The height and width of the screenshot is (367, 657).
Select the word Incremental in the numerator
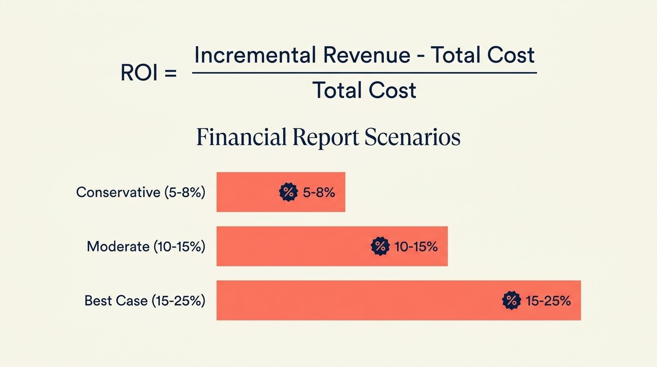(x=254, y=55)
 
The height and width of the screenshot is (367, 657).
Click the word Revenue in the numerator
(x=367, y=55)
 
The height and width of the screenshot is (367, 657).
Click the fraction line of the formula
(x=364, y=73)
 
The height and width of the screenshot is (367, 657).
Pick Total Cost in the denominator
(x=364, y=90)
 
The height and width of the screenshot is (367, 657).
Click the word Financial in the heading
(x=241, y=138)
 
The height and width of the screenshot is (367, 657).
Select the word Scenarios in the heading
(x=412, y=138)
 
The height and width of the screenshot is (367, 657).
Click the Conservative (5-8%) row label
(x=140, y=193)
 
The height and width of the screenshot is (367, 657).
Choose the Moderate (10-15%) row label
(x=146, y=247)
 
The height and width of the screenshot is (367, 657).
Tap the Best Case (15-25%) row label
(x=145, y=301)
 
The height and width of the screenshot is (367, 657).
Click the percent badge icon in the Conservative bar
(x=288, y=192)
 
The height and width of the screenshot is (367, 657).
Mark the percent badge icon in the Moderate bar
(x=380, y=247)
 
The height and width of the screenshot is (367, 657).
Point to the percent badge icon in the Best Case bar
(x=511, y=301)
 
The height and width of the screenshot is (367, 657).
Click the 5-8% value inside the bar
(x=319, y=193)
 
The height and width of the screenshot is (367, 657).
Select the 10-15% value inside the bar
(x=416, y=247)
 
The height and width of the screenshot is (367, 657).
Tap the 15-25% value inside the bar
(x=548, y=301)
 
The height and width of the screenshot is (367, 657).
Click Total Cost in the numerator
(x=482, y=55)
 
